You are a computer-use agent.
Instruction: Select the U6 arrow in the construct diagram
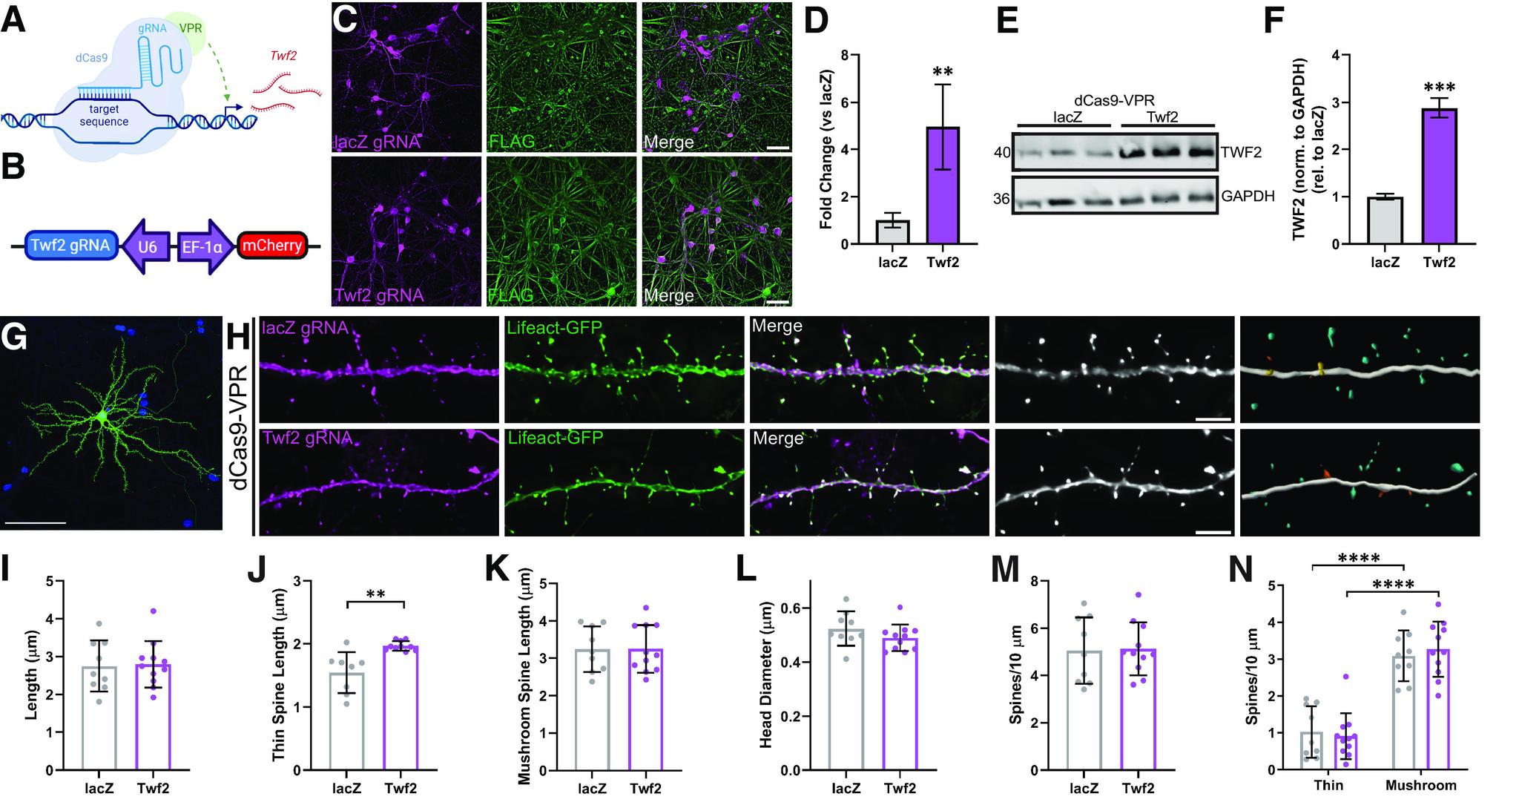pyautogui.click(x=145, y=247)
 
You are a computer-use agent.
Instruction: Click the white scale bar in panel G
pyautogui.click(x=36, y=523)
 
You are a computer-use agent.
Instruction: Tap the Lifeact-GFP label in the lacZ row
pyautogui.click(x=553, y=327)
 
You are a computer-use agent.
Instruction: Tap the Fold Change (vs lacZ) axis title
pyautogui.click(x=825, y=149)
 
